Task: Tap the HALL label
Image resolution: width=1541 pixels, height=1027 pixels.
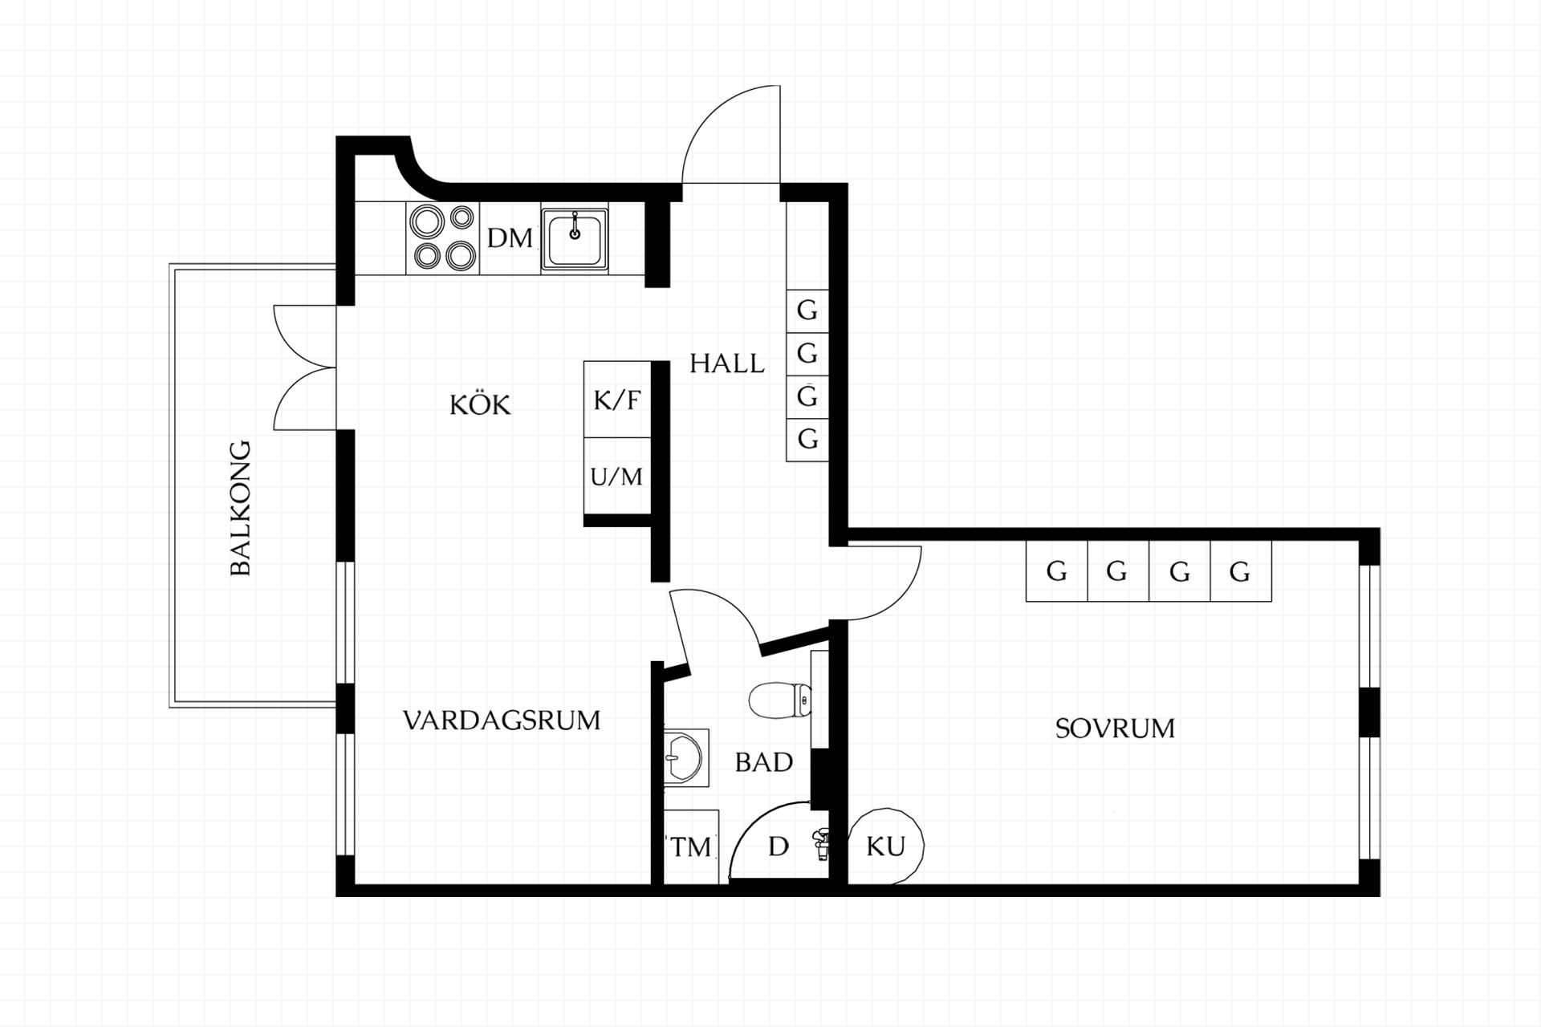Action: (727, 363)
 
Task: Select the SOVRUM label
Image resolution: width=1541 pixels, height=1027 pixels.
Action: (1115, 729)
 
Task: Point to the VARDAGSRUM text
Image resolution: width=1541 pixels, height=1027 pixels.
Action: (502, 721)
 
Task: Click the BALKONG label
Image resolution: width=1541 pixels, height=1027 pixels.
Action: (241, 508)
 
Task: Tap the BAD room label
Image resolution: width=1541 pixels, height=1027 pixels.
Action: (764, 762)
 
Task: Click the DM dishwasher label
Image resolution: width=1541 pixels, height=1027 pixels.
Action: (510, 238)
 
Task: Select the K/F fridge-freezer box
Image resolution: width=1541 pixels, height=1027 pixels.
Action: (617, 400)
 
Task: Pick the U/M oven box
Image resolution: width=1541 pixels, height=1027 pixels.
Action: (617, 476)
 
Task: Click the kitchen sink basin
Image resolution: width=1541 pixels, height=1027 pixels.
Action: (574, 237)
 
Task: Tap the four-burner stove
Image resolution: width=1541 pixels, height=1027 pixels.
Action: (443, 237)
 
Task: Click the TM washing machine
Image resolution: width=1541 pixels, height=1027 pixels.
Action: (691, 847)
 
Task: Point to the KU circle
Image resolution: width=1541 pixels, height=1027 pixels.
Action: (886, 846)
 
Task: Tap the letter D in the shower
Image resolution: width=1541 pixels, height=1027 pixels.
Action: (779, 846)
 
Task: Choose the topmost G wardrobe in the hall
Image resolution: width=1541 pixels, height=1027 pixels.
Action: (807, 311)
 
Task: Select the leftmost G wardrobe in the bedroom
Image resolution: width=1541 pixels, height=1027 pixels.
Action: (1057, 571)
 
